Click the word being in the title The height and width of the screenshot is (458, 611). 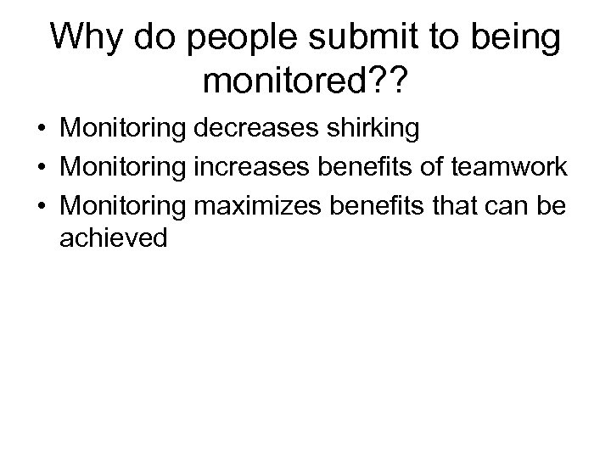pos(519,39)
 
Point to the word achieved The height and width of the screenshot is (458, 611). pos(114,238)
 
